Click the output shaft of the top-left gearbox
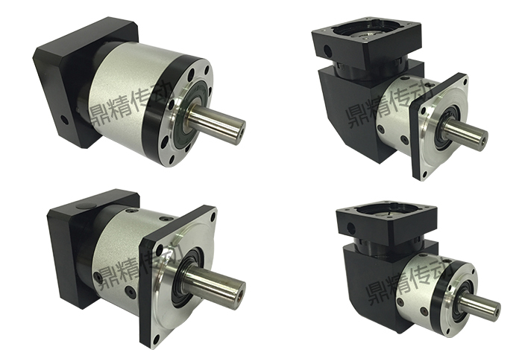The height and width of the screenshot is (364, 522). pos(216,121)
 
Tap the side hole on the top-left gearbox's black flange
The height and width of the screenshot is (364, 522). pos(65,120)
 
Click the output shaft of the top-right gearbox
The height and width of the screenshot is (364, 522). pos(466,132)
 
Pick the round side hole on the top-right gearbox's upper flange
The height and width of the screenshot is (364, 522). pos(328,51)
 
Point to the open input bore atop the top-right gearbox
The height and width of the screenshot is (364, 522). pos(364,33)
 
